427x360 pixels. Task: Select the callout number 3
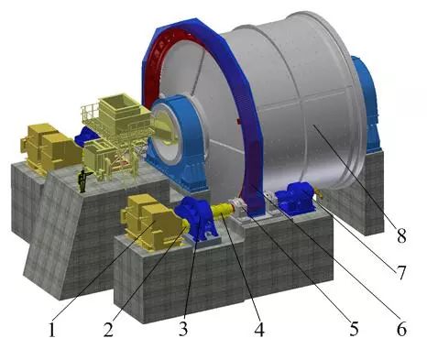[x=183, y=329]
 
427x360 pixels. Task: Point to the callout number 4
[x=259, y=329]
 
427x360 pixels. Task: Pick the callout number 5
[x=354, y=329]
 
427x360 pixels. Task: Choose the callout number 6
[x=401, y=329]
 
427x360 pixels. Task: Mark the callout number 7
[x=400, y=272]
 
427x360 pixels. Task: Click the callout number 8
[x=401, y=235]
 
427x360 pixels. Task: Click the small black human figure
[x=83, y=180]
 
